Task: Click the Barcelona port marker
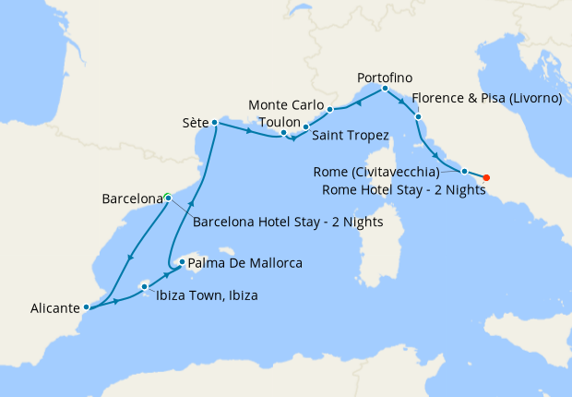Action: coord(167,196)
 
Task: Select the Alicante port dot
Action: coord(86,307)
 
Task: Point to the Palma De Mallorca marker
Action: coord(183,263)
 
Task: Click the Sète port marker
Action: coord(214,122)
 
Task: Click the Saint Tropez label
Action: coord(351,137)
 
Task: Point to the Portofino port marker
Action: coord(384,89)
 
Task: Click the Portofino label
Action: coord(382,77)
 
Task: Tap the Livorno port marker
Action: coord(418,117)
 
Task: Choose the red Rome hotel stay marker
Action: coord(486,177)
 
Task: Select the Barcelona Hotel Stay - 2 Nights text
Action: coord(288,222)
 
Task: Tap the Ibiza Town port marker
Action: coord(145,287)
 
